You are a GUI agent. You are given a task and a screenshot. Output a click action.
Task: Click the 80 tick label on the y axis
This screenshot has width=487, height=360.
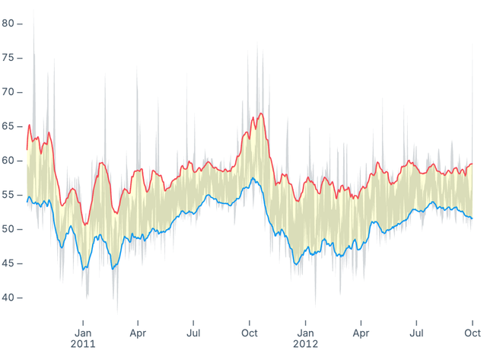pyautogui.click(x=8, y=23)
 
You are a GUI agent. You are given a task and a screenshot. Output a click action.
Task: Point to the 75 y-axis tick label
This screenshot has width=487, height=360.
pyautogui.click(x=8, y=57)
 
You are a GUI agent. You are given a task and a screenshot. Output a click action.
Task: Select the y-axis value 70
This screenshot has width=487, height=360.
pyautogui.click(x=8, y=91)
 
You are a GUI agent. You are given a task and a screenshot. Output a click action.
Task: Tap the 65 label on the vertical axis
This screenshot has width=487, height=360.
pyautogui.click(x=8, y=126)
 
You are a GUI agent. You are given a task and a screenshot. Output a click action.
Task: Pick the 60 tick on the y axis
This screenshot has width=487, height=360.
pyautogui.click(x=8, y=160)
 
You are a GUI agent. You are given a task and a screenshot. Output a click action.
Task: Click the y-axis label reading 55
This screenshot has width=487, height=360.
pyautogui.click(x=8, y=194)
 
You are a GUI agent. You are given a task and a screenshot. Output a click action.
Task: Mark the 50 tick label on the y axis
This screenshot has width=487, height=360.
pyautogui.click(x=8, y=228)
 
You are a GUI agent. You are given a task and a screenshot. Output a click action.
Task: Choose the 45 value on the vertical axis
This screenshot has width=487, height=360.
pyautogui.click(x=8, y=263)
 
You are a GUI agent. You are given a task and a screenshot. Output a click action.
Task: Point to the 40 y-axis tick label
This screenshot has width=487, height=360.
pyautogui.click(x=8, y=297)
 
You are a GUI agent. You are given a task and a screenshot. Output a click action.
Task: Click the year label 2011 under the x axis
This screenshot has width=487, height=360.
pyautogui.click(x=83, y=344)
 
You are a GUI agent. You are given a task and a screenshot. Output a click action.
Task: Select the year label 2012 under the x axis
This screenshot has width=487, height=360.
pyautogui.click(x=305, y=344)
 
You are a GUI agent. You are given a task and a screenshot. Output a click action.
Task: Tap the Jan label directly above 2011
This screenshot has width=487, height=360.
pyautogui.click(x=83, y=333)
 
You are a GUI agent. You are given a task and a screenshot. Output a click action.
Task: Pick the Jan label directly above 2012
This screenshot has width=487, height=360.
pyautogui.click(x=305, y=333)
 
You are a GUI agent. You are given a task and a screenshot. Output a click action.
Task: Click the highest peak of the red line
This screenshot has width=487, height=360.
pyautogui.click(x=261, y=113)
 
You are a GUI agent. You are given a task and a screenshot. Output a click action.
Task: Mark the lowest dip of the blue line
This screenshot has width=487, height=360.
pyautogui.click(x=84, y=269)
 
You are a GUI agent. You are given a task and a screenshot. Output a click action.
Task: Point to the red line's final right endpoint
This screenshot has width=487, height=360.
pyautogui.click(x=473, y=164)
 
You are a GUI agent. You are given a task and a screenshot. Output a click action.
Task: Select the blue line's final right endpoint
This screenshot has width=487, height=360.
pyautogui.click(x=473, y=218)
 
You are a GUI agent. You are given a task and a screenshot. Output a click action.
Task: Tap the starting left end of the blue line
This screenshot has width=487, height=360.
pyautogui.click(x=27, y=201)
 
